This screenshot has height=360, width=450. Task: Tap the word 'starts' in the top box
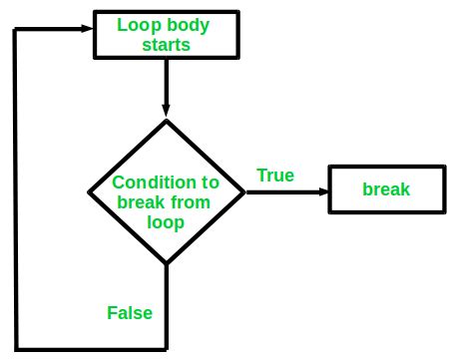coord(166,44)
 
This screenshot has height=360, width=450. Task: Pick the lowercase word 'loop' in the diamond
coord(166,222)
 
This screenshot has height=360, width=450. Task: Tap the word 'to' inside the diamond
coord(210,182)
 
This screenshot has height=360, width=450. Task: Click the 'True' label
coord(275,176)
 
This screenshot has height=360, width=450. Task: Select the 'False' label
coord(130,312)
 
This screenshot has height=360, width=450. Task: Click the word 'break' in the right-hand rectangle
coord(385,189)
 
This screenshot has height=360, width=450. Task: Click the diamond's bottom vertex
coord(166,263)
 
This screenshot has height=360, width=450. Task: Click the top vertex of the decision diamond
coord(166,120)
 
